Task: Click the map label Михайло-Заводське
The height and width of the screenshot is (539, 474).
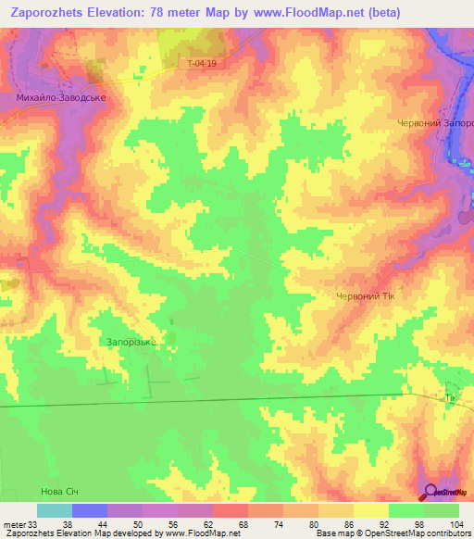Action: point(61,95)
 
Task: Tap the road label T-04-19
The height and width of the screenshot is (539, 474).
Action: point(201,64)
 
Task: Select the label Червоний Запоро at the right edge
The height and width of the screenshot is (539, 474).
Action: point(435,123)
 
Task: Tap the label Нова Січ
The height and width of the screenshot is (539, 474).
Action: point(62,491)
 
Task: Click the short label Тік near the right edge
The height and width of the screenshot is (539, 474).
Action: point(452,399)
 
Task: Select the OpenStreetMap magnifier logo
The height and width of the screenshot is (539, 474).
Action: point(430,492)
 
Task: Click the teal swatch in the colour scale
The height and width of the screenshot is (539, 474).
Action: point(55,510)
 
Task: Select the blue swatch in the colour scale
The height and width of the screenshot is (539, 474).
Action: point(90,510)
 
